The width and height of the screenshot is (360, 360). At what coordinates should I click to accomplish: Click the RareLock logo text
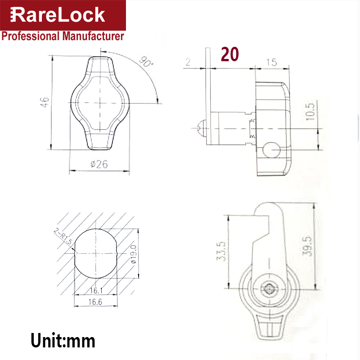58,15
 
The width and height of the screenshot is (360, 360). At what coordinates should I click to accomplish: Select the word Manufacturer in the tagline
93,36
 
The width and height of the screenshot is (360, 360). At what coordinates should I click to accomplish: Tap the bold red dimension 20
230,54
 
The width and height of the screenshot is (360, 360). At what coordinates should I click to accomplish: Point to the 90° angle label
146,62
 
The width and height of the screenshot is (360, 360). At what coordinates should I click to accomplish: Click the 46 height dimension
45,102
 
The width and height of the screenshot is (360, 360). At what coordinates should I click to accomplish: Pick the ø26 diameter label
99,164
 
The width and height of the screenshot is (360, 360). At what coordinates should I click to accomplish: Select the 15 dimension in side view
272,62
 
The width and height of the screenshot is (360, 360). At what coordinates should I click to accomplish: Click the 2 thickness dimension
188,62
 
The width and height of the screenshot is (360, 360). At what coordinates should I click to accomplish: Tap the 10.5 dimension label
310,112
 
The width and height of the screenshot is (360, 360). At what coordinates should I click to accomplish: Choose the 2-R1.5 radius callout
63,236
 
